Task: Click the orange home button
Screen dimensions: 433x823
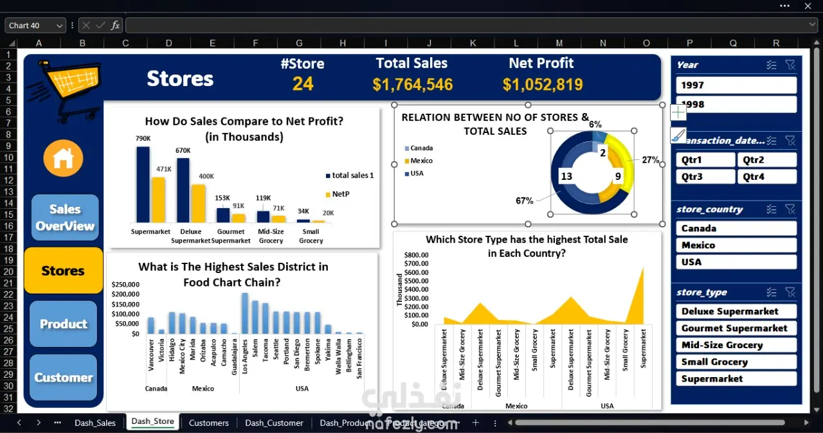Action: coord(63,158)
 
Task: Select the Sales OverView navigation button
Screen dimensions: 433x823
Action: coord(65,217)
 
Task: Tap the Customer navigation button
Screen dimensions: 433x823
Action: coord(64,378)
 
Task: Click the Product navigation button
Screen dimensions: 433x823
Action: coord(64,324)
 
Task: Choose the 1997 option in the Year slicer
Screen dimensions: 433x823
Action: coord(736,85)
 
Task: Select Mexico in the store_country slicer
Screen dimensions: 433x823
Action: coord(736,245)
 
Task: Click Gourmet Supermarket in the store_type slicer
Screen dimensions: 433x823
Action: coord(736,328)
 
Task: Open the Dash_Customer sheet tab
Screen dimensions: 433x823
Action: coord(274,423)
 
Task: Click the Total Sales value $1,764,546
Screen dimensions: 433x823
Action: coord(412,85)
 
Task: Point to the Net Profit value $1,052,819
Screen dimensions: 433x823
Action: coord(543,85)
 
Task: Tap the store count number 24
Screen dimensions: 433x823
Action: coord(303,84)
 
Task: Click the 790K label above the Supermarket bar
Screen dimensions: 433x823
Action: coord(142,138)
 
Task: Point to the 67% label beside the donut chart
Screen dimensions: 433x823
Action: coord(524,201)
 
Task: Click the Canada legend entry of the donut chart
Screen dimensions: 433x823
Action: coord(421,148)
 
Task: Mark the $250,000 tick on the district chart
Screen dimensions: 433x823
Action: coord(125,284)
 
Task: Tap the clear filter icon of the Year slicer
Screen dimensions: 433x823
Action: coord(790,65)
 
